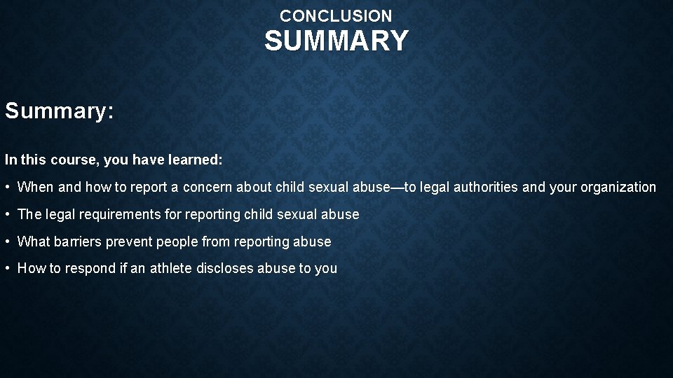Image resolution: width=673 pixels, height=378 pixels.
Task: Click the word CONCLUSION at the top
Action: coord(336,15)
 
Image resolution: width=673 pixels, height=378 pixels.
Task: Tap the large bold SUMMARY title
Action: coord(336,41)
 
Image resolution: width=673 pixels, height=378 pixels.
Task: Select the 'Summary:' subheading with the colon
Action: coord(59,111)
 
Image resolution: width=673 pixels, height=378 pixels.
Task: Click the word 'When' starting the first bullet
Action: coord(34,188)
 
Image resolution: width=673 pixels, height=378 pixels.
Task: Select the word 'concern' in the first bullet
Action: coord(208,188)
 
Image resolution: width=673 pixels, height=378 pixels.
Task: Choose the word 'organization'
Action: coord(618,188)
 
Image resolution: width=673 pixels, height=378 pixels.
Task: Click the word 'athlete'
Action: coord(170,269)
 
